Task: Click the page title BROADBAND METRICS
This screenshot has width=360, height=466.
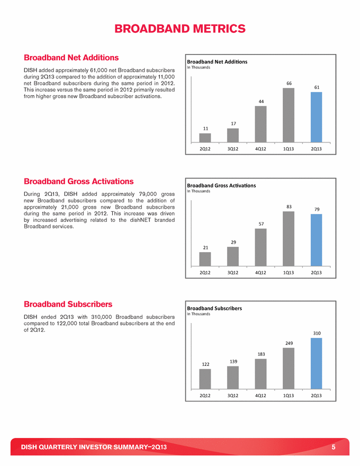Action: tap(180, 28)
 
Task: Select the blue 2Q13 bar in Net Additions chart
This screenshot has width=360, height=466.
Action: tap(316, 117)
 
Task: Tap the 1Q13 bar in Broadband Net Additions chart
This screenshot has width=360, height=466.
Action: tap(289, 115)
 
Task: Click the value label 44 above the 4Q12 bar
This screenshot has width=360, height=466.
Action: tap(261, 101)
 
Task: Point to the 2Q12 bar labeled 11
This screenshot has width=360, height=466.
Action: tap(205, 138)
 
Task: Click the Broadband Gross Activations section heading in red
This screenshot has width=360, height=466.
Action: tap(78, 182)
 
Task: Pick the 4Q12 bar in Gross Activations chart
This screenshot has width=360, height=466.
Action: tap(261, 247)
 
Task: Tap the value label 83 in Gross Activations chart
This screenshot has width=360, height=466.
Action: tap(289, 207)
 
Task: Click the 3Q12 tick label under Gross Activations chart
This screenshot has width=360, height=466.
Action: tap(233, 273)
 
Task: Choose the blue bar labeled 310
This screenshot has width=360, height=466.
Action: tap(316, 363)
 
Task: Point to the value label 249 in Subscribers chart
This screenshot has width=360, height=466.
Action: tap(289, 343)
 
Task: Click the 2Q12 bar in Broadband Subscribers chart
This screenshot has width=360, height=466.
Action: tap(205, 379)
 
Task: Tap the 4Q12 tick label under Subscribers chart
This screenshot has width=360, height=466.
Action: tap(261, 396)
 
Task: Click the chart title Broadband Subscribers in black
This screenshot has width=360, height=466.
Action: tap(214, 308)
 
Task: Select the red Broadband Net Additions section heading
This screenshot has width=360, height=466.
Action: tap(71, 57)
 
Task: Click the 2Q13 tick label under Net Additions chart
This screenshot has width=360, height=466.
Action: tap(316, 149)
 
